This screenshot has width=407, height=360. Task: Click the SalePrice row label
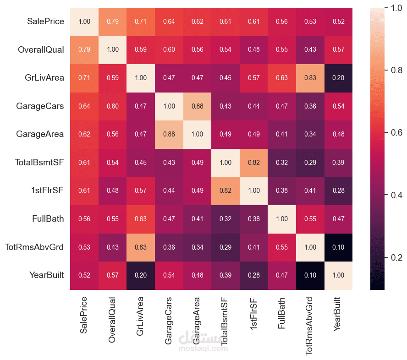(45, 22)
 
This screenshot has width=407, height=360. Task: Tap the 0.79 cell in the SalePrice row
(113, 22)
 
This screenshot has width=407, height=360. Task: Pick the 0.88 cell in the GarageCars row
(198, 106)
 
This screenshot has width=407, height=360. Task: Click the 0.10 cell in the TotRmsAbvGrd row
(339, 247)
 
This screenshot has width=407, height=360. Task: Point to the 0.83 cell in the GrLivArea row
(310, 78)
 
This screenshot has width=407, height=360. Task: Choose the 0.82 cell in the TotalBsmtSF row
(254, 163)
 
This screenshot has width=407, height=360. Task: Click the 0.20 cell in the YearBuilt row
(141, 275)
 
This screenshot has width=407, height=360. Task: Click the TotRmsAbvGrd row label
(35, 247)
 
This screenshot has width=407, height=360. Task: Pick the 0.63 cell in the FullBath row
(141, 219)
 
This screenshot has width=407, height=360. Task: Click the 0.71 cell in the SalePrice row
(141, 22)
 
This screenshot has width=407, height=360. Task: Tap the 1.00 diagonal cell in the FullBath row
(282, 219)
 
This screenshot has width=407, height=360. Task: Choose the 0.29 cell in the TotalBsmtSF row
(310, 163)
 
